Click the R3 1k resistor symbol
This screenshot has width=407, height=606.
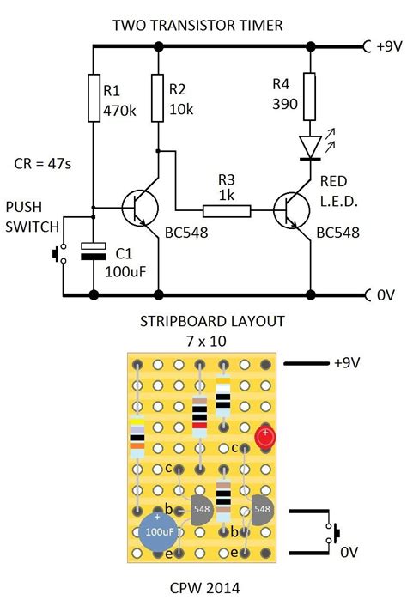227,209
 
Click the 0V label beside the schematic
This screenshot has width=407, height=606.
386,295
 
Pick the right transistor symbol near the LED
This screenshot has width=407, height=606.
289,209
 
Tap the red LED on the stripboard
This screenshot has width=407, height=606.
264,439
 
